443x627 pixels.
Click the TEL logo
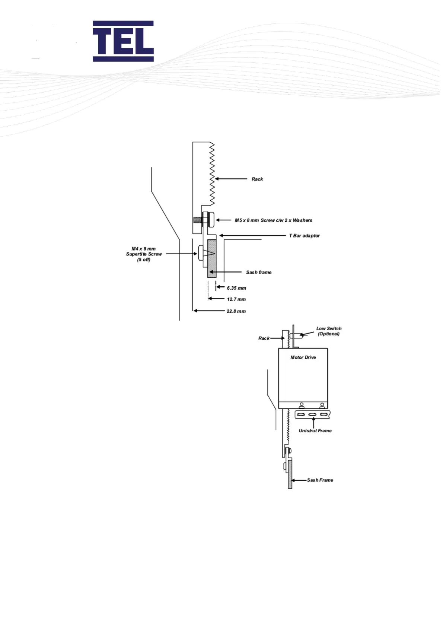tap(123, 41)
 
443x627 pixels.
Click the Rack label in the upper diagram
tap(257, 179)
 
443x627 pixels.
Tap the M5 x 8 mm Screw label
tap(273, 220)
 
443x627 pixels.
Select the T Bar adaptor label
tap(304, 236)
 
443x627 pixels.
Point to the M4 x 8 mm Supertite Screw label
tap(144, 254)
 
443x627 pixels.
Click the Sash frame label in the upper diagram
tap(259, 273)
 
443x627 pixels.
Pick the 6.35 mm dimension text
tap(236, 288)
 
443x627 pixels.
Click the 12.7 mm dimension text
tap(236, 299)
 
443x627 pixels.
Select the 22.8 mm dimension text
tap(236, 311)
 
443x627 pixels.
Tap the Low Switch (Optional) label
tap(329, 331)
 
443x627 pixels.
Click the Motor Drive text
tap(303, 357)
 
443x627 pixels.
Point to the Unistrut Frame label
tap(315, 431)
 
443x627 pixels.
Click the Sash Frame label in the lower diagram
tap(320, 480)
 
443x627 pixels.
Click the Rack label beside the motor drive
tap(264, 338)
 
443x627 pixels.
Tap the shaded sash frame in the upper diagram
tap(212, 259)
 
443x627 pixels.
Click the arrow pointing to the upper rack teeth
tap(231, 179)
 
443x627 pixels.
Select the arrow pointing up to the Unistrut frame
tap(313, 423)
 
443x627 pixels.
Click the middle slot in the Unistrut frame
tap(313, 415)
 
